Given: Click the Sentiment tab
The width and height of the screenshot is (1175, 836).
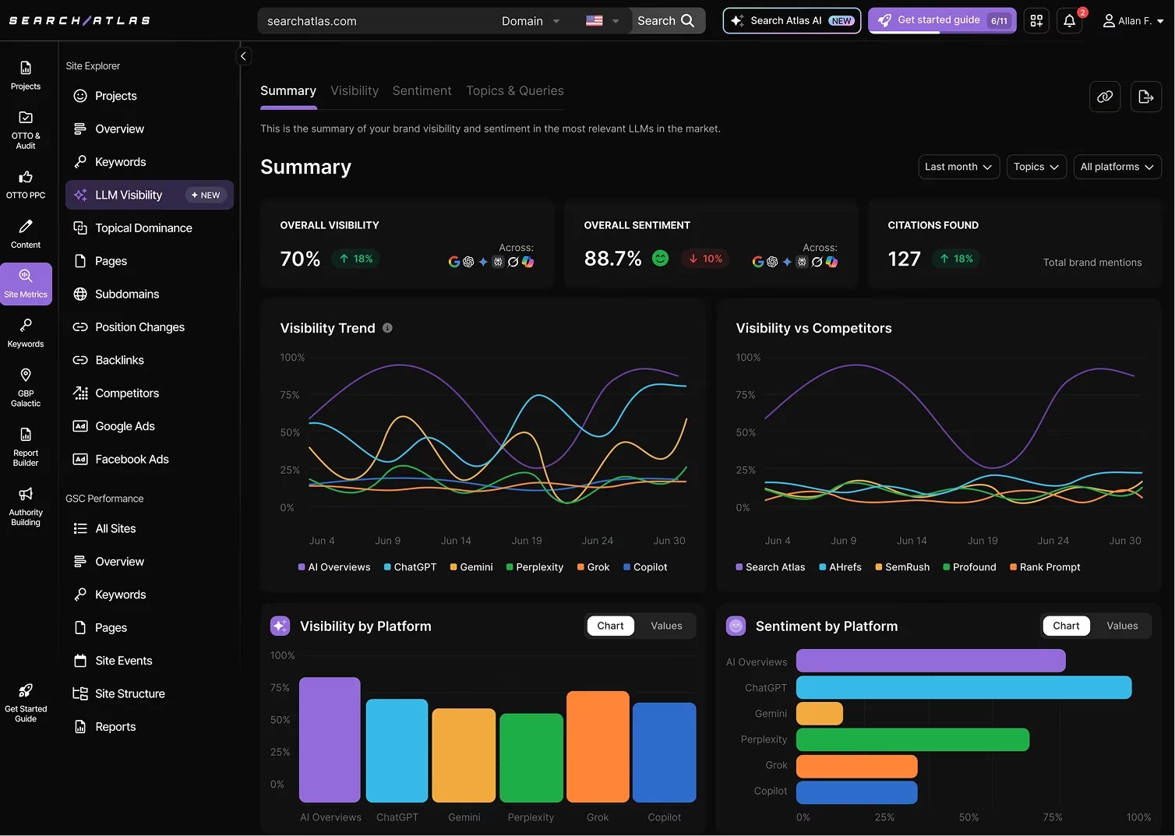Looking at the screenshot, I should pos(422,91).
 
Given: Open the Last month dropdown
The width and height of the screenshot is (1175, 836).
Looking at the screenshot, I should pos(958,167).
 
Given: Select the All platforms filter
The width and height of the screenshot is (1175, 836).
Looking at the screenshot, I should pos(1117,167).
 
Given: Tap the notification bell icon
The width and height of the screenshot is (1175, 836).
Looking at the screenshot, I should pos(1069,21).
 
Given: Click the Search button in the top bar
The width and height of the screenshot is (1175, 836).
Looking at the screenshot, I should pos(665,21).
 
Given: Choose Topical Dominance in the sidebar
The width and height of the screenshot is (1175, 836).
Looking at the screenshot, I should pos(143,228).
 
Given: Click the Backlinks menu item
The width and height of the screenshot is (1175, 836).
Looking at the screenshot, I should pos(119,360).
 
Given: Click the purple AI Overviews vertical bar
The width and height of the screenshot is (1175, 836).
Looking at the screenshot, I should pos(330,739).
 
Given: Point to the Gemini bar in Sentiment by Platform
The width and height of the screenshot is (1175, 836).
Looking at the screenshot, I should pos(820,714).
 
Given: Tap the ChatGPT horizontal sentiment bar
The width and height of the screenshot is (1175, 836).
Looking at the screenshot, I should pos(963,687).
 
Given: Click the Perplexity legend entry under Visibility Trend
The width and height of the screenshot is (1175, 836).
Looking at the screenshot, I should pos(535,567).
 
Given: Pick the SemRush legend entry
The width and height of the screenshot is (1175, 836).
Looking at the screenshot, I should pos(902,567).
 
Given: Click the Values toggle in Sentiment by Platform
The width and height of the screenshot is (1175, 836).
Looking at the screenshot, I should pos(1121,626).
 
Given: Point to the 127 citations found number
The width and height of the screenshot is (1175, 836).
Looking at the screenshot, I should pos(904,259).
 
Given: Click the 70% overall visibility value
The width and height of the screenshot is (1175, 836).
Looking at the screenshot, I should pos(300,259).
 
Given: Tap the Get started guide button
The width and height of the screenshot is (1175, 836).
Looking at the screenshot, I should pos(941,20).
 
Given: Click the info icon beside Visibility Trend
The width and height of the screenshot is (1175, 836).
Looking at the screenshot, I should pos(387,328).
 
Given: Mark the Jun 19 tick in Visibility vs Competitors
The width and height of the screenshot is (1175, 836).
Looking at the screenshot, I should pos(982,541).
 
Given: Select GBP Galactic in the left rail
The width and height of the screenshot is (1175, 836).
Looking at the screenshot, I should pos(26,388).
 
